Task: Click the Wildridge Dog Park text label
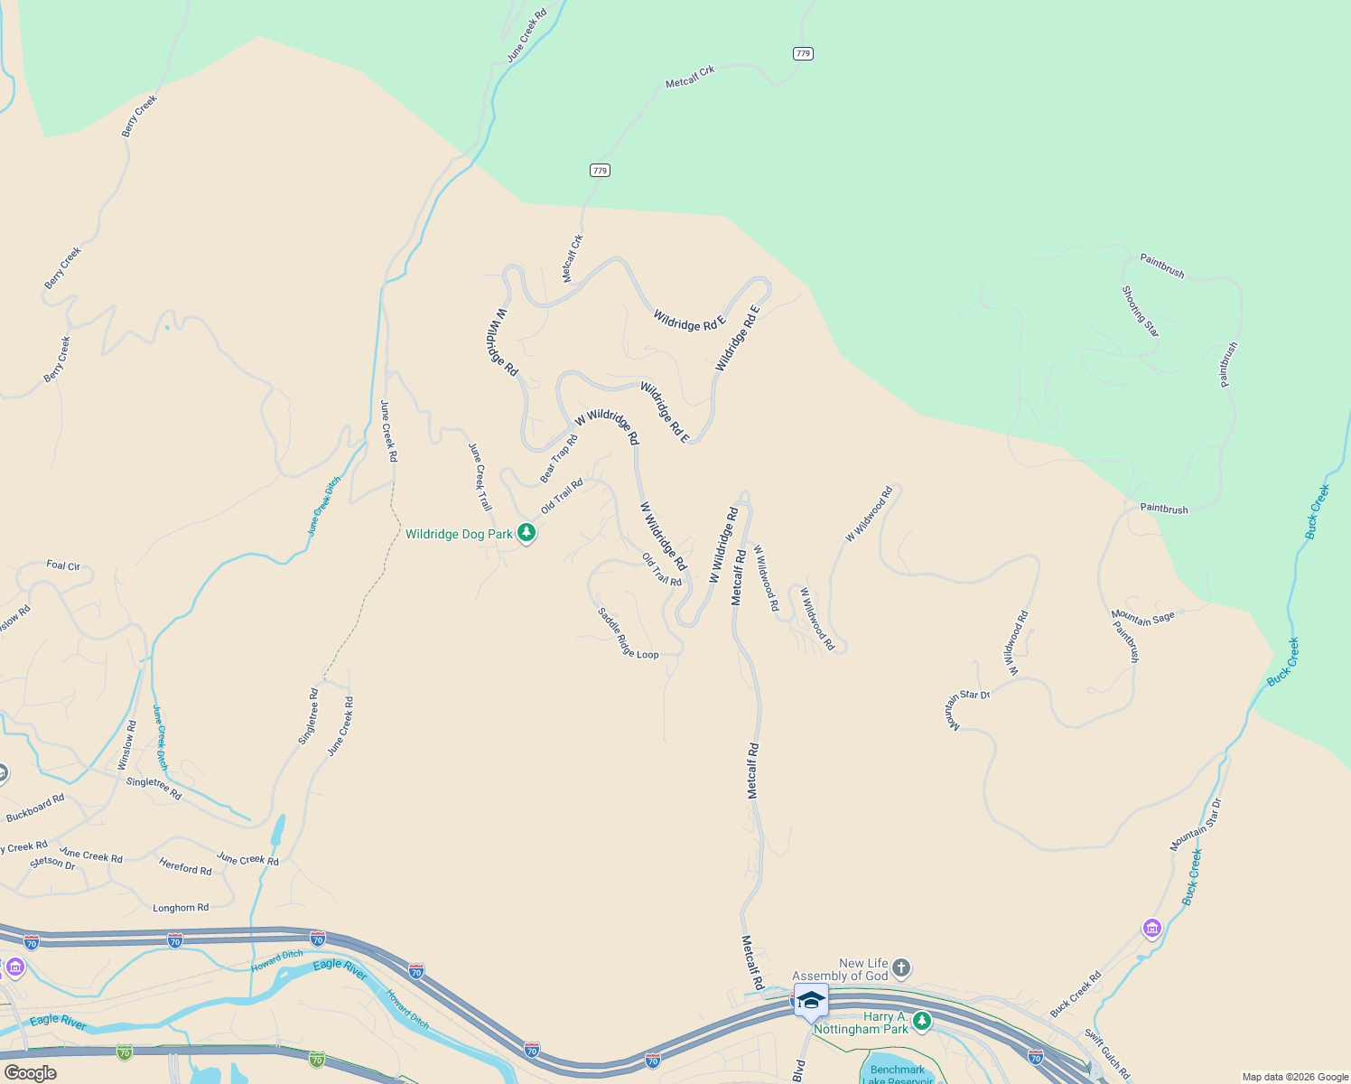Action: tap(459, 534)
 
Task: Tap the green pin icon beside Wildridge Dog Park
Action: tap(526, 534)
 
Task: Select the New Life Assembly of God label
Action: tap(840, 969)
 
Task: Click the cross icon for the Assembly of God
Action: tap(901, 969)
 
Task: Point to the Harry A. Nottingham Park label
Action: tap(862, 1023)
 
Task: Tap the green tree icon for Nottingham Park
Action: tap(921, 1021)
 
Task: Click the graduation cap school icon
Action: tap(811, 1000)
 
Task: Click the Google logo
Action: tap(30, 1072)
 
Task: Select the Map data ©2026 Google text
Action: tap(1295, 1077)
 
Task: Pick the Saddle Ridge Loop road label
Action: tap(628, 634)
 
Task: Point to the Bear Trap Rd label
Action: tap(559, 458)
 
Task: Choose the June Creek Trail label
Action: tap(480, 477)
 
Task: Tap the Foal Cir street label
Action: tap(63, 565)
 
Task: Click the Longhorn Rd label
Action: tap(181, 908)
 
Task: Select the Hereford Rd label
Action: tap(185, 868)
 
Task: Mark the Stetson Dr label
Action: tap(52, 863)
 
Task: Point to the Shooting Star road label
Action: tap(1141, 312)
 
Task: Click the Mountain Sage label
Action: tap(1143, 618)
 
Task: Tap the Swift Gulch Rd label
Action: tap(1107, 1054)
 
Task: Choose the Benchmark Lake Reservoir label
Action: tap(898, 1075)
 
